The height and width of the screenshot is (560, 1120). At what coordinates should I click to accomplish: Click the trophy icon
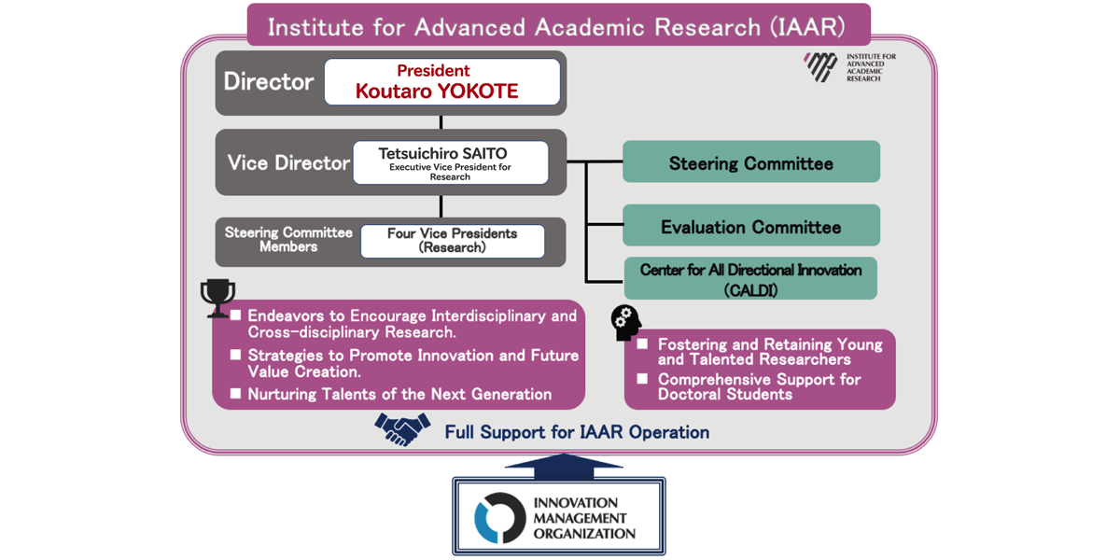click(217, 298)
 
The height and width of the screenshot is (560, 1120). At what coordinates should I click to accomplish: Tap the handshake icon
click(402, 429)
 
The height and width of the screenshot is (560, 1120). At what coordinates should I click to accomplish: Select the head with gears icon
click(625, 323)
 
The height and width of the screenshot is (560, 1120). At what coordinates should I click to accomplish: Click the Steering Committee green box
click(751, 161)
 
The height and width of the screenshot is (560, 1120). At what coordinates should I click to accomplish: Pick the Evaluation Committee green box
click(751, 225)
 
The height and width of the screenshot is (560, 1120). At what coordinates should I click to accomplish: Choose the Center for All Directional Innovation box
click(750, 278)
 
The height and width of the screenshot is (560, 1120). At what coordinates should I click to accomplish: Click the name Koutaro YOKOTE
click(437, 91)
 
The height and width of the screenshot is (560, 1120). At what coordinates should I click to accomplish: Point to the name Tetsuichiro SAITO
click(442, 153)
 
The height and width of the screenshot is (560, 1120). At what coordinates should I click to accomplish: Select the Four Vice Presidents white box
click(453, 241)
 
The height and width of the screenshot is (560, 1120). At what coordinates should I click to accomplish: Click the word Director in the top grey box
click(269, 81)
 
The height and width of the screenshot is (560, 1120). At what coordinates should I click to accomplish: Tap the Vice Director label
click(288, 163)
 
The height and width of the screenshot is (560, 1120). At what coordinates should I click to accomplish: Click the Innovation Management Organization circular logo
click(499, 517)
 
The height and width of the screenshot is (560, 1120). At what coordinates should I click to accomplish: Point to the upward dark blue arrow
click(564, 466)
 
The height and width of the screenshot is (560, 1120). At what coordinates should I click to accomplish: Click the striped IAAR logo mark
click(820, 67)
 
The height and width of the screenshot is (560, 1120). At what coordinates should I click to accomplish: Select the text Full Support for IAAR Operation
click(577, 432)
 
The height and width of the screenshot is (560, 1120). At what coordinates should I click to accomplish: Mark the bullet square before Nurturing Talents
click(235, 394)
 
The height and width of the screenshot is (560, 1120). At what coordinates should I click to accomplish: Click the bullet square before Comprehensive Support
click(642, 379)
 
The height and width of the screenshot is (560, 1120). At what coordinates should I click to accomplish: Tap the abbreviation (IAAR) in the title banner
click(807, 27)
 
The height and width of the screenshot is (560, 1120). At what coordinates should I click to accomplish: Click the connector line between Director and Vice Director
click(441, 122)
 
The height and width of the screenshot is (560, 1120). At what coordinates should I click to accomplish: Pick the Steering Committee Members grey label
click(288, 240)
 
